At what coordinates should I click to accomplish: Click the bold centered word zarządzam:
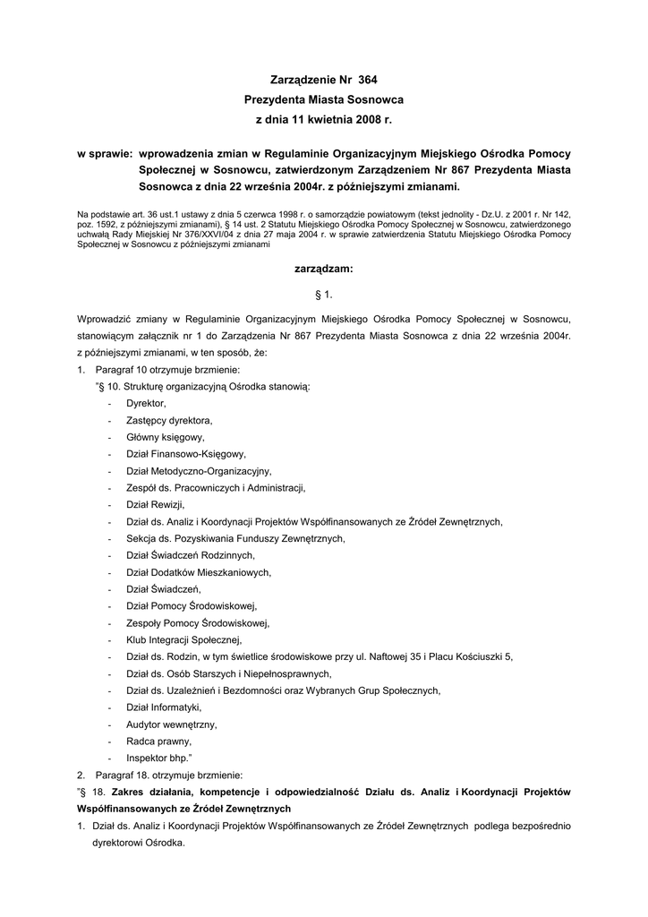[x=323, y=269]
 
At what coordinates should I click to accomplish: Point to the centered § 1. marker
[x=323, y=293]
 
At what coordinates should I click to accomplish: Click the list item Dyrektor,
[x=146, y=403]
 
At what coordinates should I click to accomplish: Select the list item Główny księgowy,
[x=166, y=437]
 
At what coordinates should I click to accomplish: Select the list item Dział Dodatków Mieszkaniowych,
[x=199, y=572]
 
